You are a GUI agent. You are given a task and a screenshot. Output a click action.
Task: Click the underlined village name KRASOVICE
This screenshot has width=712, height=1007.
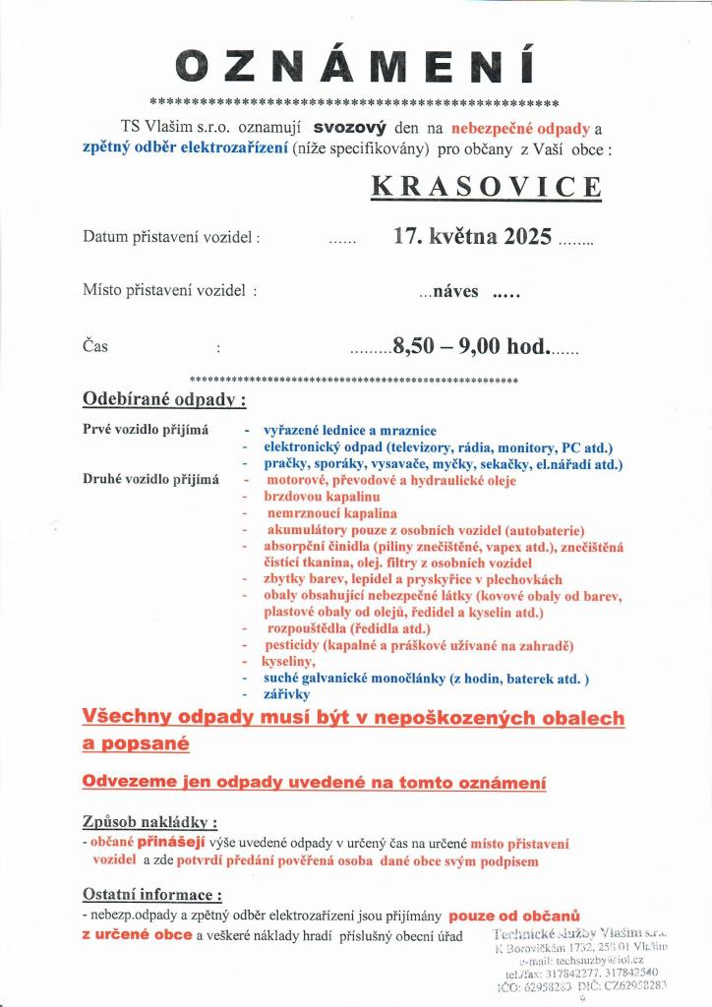pos(487,187)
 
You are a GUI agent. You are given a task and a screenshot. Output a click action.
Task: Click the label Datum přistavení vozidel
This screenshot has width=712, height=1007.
pos(171,238)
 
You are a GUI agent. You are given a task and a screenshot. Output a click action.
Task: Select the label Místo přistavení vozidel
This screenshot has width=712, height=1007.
pos(170,291)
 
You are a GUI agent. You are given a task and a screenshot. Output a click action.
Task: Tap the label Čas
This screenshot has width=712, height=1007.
pos(95,346)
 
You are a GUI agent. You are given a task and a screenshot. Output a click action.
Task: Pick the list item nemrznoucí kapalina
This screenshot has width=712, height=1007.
pos(331,513)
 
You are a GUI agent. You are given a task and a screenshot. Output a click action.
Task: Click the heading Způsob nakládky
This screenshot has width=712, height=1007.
pos(149,822)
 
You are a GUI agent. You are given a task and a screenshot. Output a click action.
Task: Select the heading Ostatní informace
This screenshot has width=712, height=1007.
pos(152,895)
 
